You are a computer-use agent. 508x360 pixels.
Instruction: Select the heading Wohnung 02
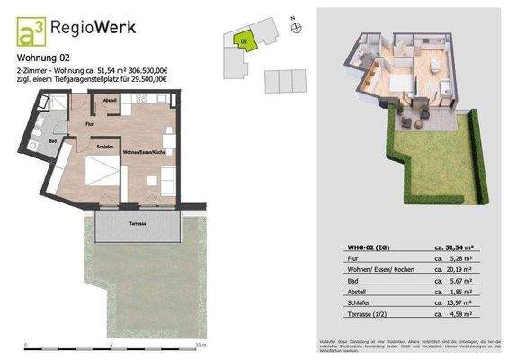[x=42, y=61]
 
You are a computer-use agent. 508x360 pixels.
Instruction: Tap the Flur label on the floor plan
[x=89, y=122]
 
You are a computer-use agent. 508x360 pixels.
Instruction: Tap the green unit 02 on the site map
[x=245, y=40]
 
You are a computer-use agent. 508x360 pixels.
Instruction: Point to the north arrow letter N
[x=292, y=17]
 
